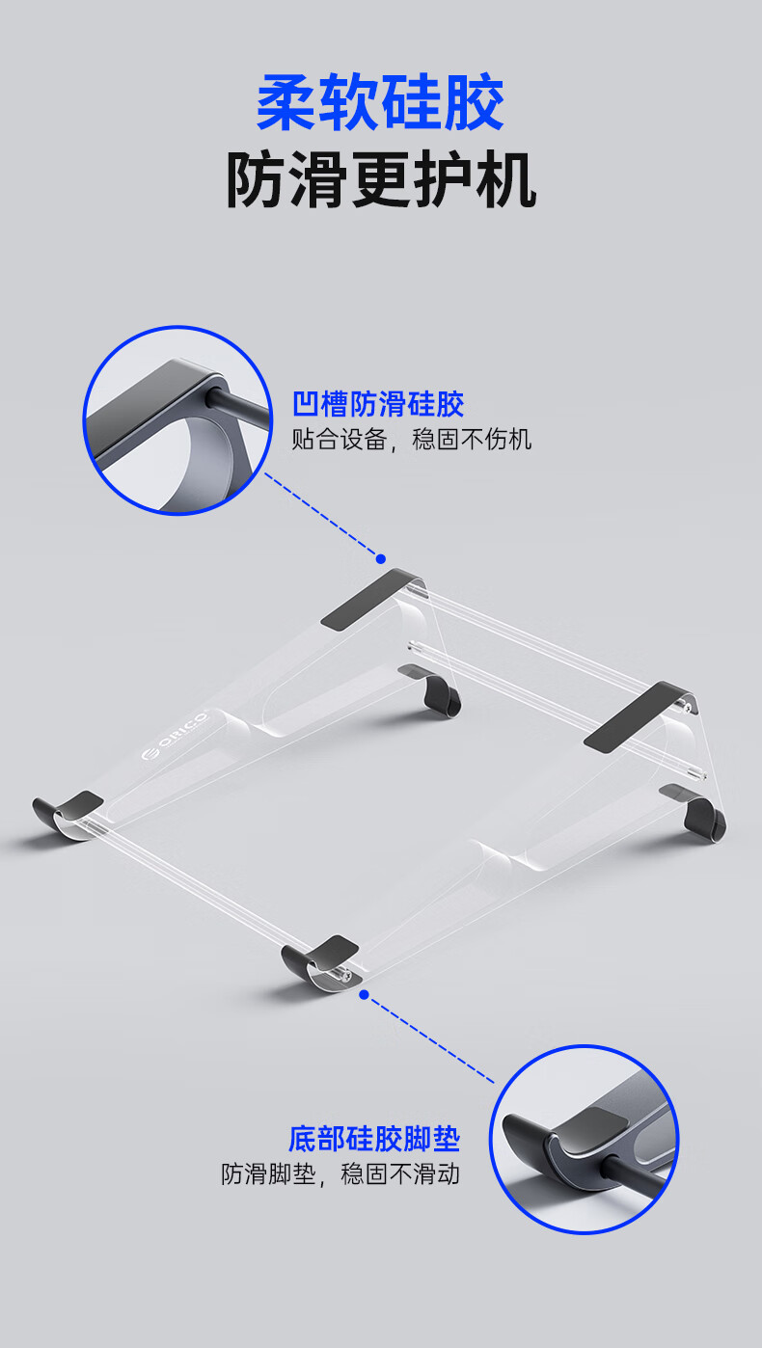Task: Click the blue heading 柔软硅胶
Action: pos(380,105)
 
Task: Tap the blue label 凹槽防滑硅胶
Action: pos(378,403)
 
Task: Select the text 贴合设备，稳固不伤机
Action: pos(412,441)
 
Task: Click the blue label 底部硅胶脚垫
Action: pos(374,1139)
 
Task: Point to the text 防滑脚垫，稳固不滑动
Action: pos(340,1174)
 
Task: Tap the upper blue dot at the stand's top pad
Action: pos(381,559)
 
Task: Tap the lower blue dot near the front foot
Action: pos(365,994)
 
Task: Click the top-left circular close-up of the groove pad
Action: pos(177,420)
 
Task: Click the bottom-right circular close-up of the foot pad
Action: pos(585,1139)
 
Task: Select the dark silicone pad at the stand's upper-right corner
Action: pos(634,715)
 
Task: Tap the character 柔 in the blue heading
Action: pos(286,105)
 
